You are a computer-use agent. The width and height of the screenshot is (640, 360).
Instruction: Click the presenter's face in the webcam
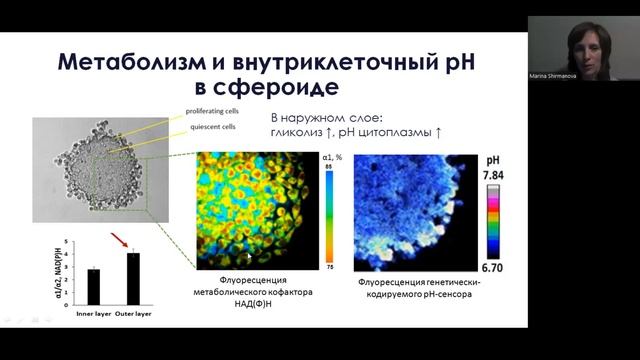coord(584,40)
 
